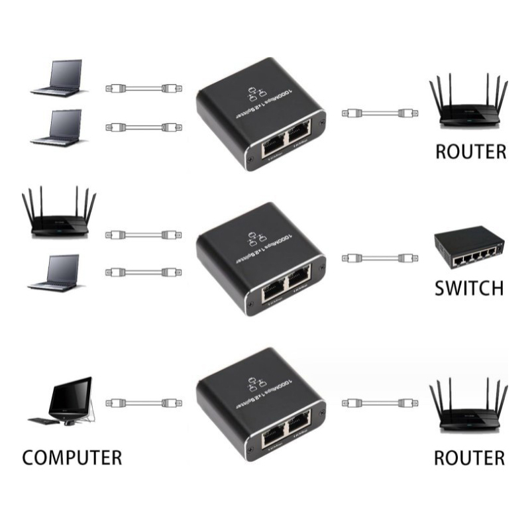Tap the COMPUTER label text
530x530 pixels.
point(72,457)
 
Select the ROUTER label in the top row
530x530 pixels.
point(470,151)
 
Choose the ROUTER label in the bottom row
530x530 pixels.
point(469,457)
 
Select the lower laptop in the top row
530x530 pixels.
point(58,127)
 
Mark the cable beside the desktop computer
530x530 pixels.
point(143,402)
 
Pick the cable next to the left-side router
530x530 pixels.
point(143,233)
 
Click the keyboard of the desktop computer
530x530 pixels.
point(46,420)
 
